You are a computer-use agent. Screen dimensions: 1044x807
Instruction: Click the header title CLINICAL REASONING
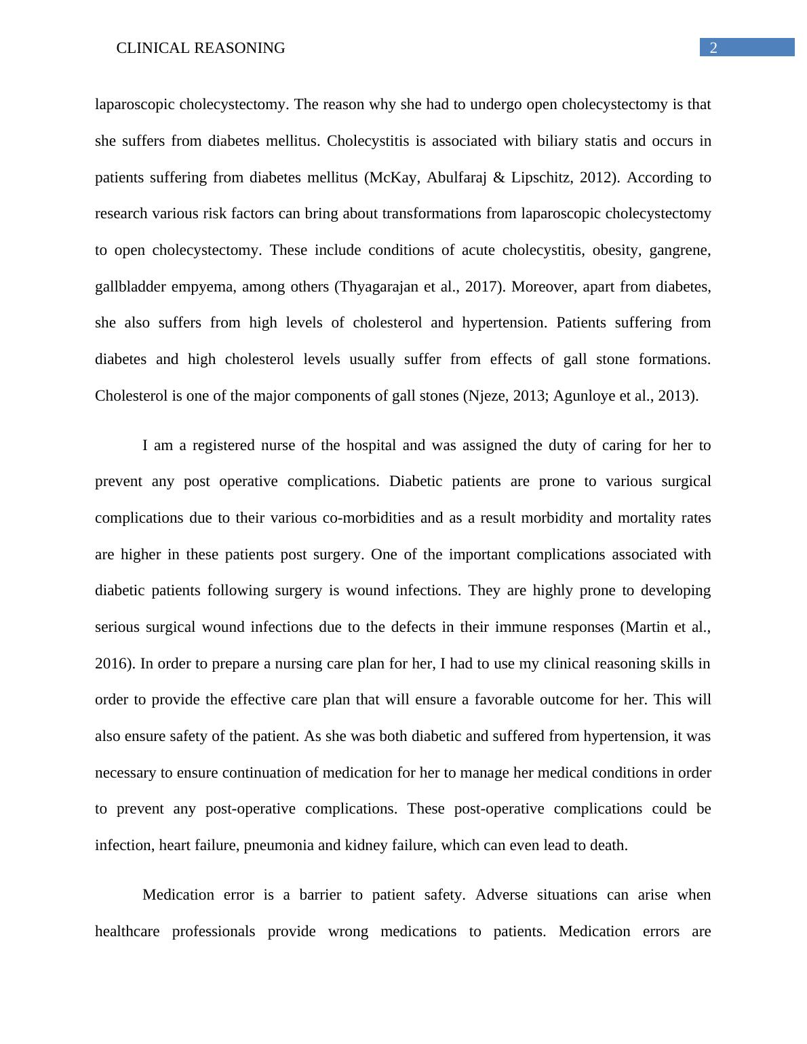(x=201, y=48)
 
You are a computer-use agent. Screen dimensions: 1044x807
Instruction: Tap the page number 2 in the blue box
(x=713, y=47)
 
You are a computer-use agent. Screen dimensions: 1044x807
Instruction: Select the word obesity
(x=616, y=250)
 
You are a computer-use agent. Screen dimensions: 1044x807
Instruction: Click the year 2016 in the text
(x=113, y=664)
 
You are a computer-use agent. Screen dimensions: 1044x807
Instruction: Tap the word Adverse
(x=501, y=895)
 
